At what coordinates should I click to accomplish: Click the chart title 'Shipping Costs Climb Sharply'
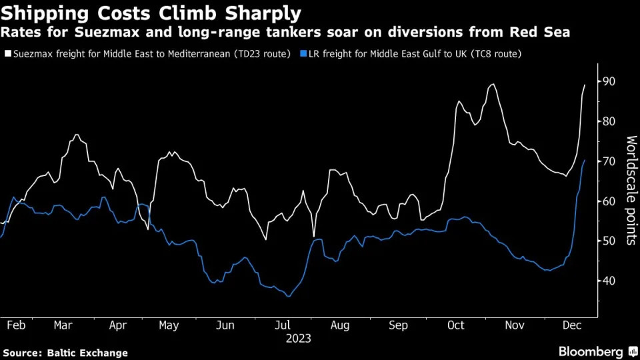151,13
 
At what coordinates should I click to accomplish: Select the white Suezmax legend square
6,53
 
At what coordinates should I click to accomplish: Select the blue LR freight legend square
303,53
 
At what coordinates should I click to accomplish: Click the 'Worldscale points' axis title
631,190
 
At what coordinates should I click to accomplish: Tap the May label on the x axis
169,325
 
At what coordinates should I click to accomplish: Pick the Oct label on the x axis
456,325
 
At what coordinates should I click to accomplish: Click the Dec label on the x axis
571,325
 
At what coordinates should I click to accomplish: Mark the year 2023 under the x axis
299,338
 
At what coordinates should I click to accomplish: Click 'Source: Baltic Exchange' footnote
65,353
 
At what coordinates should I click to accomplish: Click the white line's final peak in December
585,85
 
